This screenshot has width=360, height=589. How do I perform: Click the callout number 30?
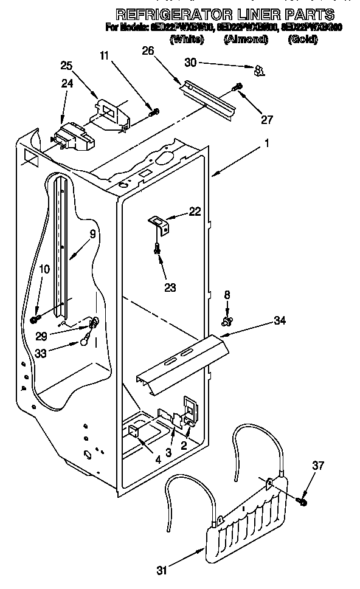190,63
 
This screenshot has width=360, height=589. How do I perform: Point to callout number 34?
279,320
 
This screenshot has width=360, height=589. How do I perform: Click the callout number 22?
195,211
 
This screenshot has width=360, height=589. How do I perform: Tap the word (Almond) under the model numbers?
246,40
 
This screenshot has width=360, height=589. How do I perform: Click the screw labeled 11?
154,111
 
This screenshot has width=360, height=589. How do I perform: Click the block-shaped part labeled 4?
134,432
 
